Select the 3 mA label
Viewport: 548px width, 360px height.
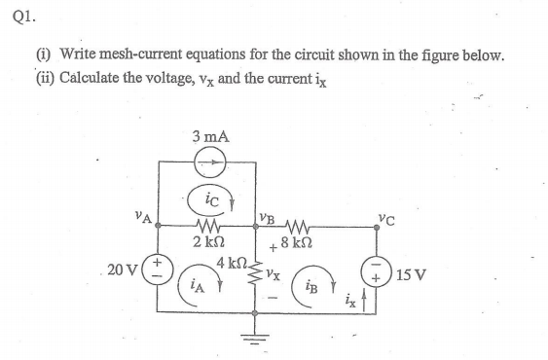pos(210,138)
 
